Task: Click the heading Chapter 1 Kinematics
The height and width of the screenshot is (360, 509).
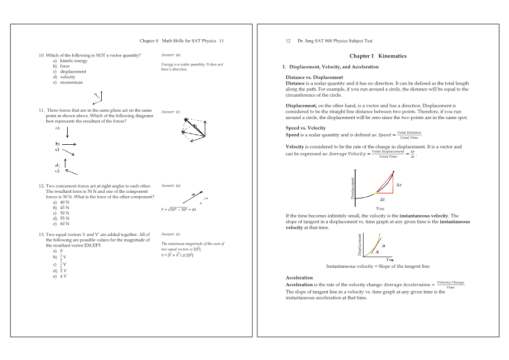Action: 378,56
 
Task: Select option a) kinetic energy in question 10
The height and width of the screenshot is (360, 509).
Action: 73,60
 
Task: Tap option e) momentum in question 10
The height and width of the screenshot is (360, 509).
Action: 70,82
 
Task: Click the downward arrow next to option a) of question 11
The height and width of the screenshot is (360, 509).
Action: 67,132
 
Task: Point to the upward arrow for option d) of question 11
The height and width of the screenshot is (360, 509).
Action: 66,163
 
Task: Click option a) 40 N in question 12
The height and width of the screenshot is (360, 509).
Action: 63,202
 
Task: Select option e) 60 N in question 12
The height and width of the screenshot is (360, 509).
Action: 63,224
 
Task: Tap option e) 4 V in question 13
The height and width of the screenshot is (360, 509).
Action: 62,276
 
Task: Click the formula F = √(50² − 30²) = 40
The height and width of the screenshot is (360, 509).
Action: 178,209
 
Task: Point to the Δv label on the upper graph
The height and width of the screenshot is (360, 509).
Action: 399,184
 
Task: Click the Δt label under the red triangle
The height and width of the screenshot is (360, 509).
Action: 383,198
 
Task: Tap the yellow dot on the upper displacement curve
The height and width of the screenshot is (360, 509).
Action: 375,193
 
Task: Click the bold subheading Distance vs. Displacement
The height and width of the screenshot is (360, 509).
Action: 314,77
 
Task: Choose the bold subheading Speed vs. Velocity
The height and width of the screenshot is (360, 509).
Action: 305,128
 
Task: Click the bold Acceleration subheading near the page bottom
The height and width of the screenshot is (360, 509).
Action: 299,277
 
